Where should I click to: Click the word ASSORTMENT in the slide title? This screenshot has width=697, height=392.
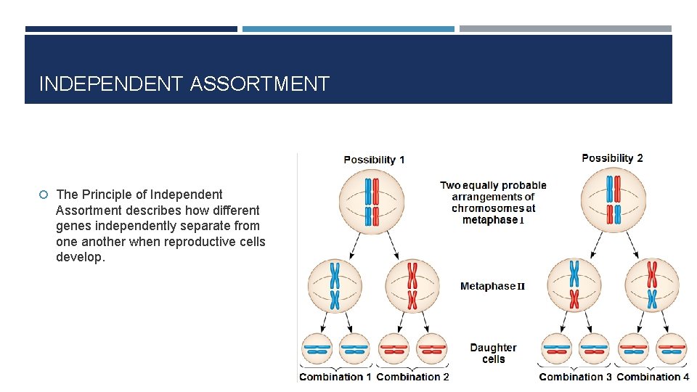tap(259, 84)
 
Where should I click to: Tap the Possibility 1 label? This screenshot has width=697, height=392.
tap(374, 160)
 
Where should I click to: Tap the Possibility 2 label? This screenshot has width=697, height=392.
tap(612, 158)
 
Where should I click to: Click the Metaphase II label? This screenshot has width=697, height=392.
tap(492, 286)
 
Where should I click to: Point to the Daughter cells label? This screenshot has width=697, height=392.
tap(493, 354)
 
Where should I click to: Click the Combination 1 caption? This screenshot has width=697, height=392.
tap(335, 377)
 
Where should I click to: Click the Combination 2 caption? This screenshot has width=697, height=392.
tap(412, 377)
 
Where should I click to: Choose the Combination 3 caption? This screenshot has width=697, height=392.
tap(575, 377)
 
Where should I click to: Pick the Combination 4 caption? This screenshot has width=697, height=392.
tap(653, 377)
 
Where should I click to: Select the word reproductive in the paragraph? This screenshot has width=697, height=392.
tap(196, 242)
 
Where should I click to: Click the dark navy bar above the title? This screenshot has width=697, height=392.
tap(131, 29)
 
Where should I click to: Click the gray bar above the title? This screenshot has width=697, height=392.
tap(566, 29)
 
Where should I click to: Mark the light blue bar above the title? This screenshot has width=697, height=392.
tap(348, 29)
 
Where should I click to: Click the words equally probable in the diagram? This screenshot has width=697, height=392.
tap(504, 186)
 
